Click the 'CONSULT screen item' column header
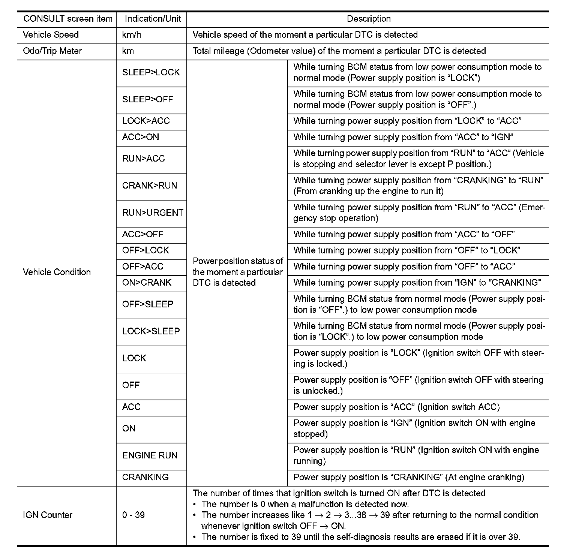click(68, 19)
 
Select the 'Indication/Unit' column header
click(153, 19)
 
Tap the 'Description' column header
click(368, 19)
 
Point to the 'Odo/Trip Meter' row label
click(52, 51)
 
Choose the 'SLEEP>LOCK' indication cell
click(151, 72)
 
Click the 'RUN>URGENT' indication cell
click(153, 213)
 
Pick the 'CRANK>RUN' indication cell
click(149, 186)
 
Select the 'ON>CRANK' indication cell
click(147, 283)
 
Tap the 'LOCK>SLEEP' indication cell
click(151, 331)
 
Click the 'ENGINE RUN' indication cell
click(150, 455)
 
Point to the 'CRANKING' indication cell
click(145, 477)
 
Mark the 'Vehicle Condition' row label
click(57, 272)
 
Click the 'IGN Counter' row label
click(47, 515)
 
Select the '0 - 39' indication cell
click(133, 515)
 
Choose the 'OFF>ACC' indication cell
click(142, 267)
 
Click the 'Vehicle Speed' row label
click(51, 35)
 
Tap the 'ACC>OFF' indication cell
click(142, 234)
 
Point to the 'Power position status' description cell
click(238, 272)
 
